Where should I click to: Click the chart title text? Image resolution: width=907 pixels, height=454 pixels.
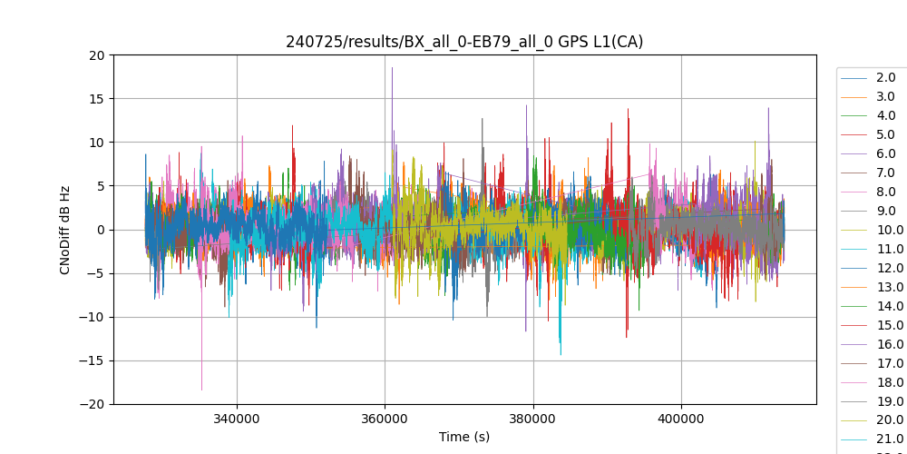[x=464, y=42]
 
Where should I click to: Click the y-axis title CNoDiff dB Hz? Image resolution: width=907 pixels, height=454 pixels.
[x=65, y=229]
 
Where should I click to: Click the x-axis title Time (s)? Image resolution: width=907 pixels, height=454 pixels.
[x=464, y=437]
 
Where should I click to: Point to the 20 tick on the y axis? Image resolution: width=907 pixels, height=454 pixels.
[x=97, y=55]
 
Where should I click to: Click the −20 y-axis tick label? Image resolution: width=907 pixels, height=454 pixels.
[x=93, y=404]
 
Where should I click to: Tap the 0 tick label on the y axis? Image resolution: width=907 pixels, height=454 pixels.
[x=102, y=230]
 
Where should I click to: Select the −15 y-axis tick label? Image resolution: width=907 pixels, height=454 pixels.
[x=93, y=360]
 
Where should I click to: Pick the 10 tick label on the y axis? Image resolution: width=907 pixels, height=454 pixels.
[x=97, y=143]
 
